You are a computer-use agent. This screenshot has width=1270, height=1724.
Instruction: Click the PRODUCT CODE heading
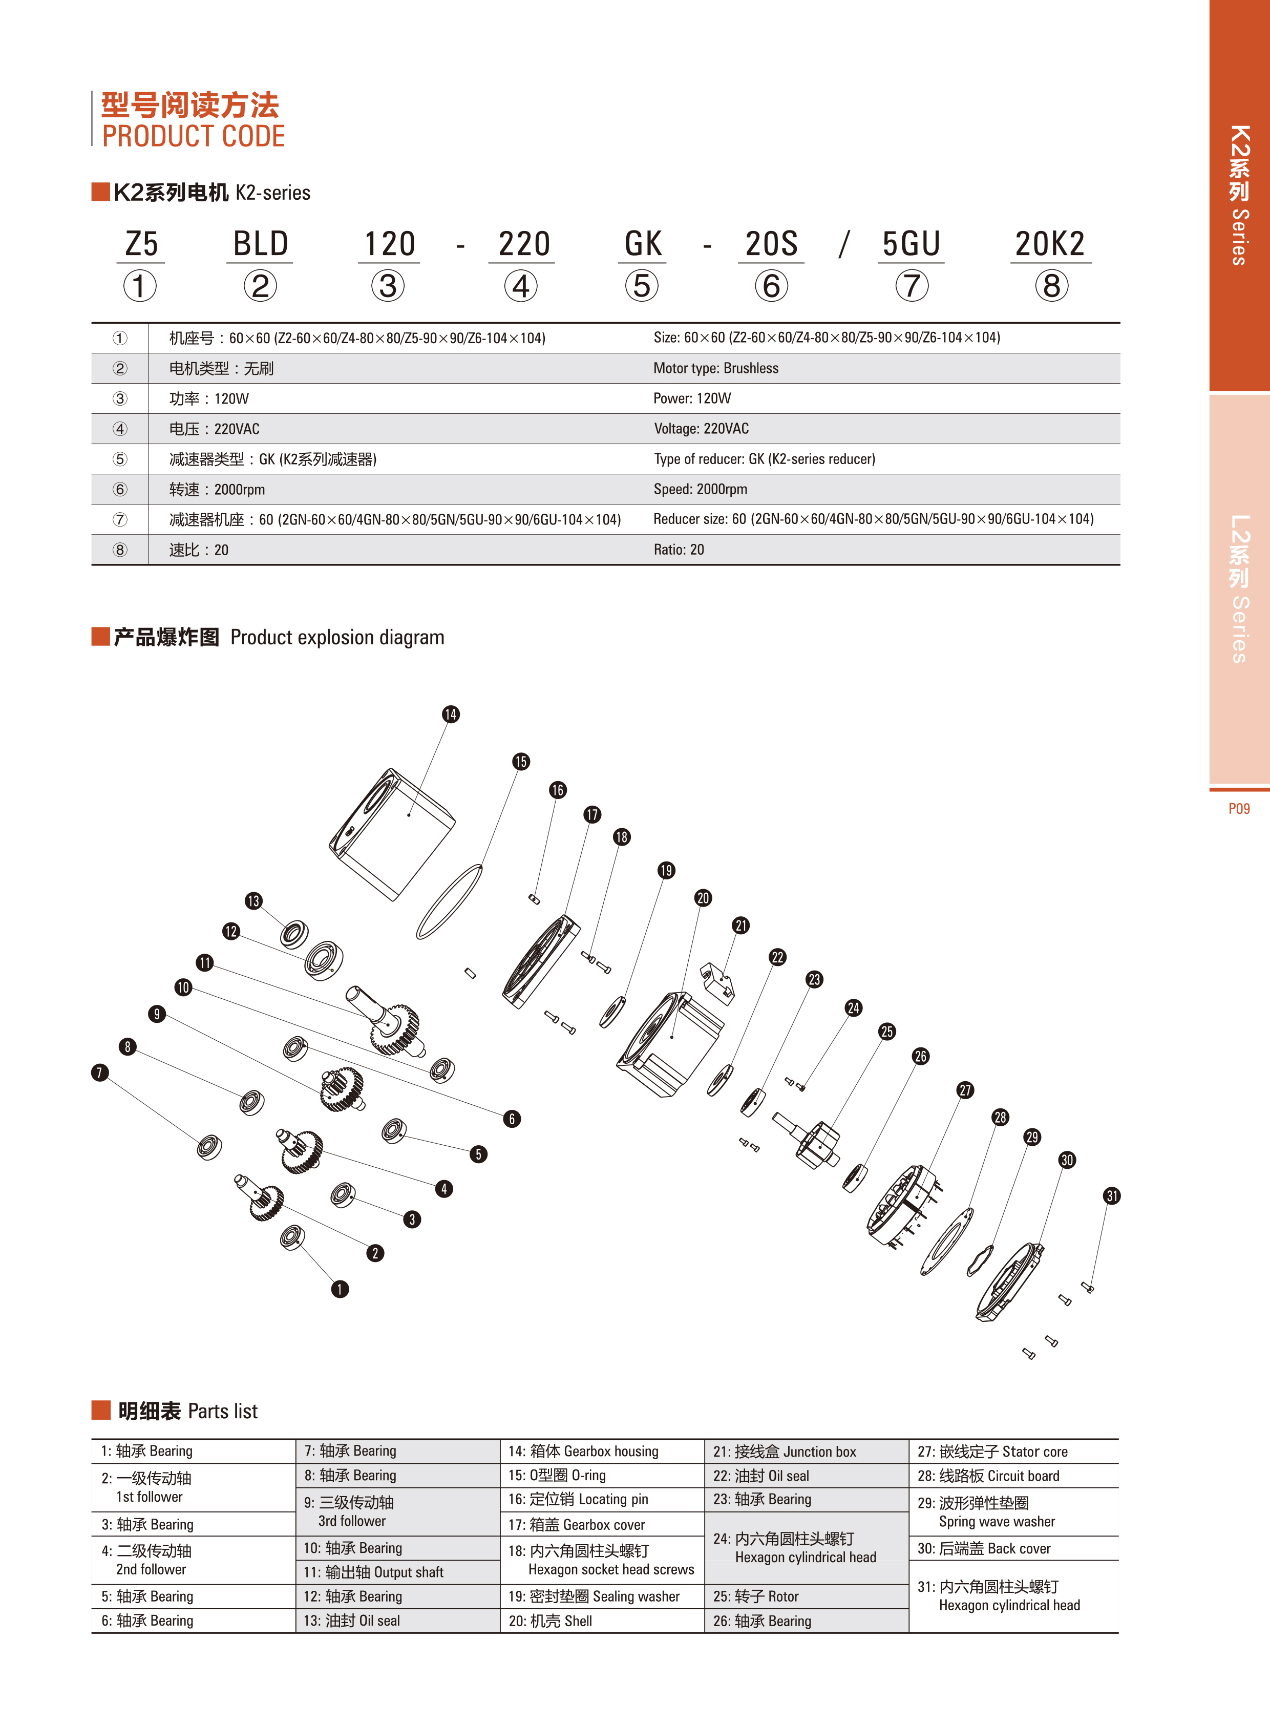[193, 137]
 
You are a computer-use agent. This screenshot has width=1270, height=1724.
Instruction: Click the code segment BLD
[261, 244]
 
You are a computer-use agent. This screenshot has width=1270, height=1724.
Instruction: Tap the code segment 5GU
[911, 244]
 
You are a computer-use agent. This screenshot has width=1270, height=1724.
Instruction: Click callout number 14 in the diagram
[451, 714]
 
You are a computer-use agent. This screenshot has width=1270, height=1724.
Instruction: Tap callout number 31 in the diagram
[1112, 1196]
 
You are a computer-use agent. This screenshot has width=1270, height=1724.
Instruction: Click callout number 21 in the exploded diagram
[740, 925]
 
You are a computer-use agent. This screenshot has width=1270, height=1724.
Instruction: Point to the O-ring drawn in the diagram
[449, 901]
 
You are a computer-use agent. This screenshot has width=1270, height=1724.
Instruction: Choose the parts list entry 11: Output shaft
[374, 1572]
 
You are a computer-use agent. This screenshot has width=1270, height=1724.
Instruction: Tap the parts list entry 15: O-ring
[557, 1476]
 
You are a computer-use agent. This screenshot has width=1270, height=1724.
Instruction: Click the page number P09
[1238, 808]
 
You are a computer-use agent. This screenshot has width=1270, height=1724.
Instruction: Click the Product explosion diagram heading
[337, 638]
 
